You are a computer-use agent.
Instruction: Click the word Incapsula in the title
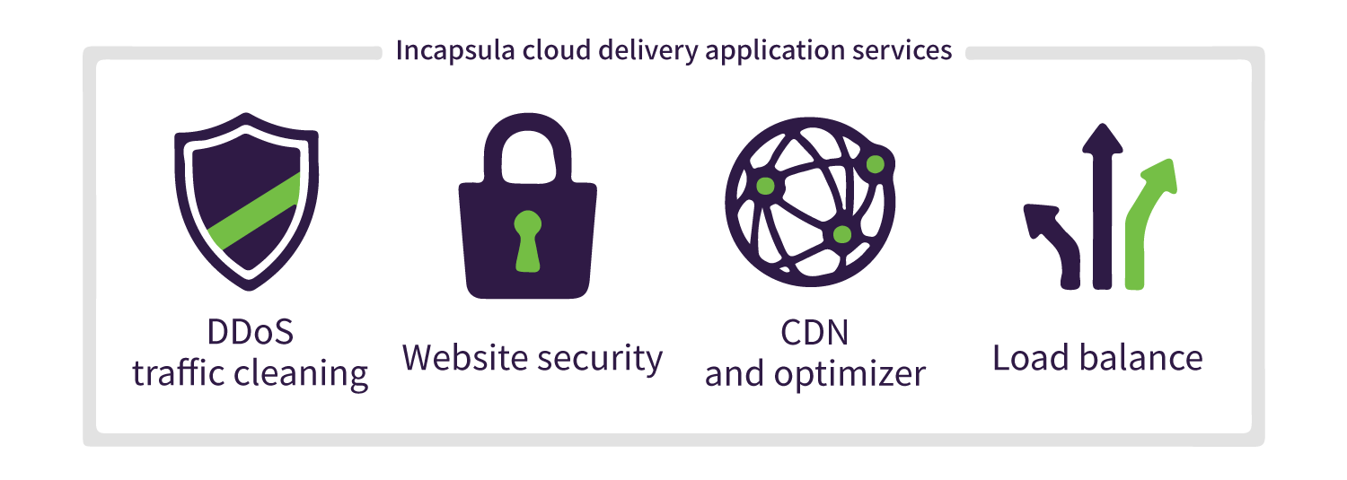(x=455, y=51)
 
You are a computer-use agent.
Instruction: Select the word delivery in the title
(x=648, y=51)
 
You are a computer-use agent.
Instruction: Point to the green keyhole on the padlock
(x=527, y=241)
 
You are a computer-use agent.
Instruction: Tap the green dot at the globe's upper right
(x=875, y=164)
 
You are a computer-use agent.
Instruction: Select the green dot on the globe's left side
(x=765, y=187)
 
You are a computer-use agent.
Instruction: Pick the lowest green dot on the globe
(x=842, y=234)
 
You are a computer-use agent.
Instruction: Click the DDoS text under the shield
(x=251, y=332)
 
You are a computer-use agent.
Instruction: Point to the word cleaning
(x=301, y=373)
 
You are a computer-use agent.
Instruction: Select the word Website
(x=464, y=358)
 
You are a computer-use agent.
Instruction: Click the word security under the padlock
(x=600, y=359)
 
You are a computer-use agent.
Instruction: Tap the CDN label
(x=814, y=333)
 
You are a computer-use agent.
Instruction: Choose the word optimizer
(x=850, y=375)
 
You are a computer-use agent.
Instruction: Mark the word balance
(x=1140, y=358)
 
